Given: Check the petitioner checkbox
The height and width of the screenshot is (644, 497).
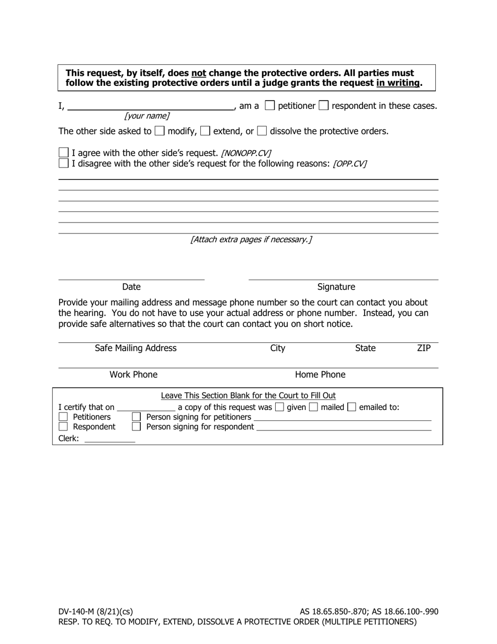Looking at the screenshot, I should [270, 106].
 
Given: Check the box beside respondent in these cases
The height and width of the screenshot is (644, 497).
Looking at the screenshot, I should [324, 106].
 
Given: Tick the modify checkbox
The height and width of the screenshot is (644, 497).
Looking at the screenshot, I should [160, 131].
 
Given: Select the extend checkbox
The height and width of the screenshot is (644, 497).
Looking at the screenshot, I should [205, 131].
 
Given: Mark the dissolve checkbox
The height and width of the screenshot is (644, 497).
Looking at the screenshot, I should [262, 131].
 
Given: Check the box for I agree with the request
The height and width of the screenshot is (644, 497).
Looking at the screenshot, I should [63, 153].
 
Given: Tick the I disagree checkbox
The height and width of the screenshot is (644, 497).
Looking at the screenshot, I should [63, 163].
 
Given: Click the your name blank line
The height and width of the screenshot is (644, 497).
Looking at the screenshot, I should [151, 106].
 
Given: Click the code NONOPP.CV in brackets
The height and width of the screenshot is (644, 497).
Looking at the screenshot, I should [246, 153].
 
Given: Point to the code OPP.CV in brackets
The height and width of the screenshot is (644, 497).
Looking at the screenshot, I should [349, 163].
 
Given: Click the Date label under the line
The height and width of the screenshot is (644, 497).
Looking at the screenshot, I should [131, 287].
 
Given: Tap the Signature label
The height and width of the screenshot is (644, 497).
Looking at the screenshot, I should [336, 287].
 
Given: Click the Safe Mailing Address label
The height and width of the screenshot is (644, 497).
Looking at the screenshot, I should [135, 348].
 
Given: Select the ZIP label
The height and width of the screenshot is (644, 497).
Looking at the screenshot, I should [424, 348].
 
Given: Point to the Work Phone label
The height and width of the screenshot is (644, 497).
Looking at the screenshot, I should [133, 375].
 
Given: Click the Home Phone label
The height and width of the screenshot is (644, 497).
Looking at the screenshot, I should [320, 375].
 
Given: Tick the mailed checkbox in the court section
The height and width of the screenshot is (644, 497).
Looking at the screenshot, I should [313, 407].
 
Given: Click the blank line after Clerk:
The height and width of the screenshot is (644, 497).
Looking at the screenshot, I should [110, 439].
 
